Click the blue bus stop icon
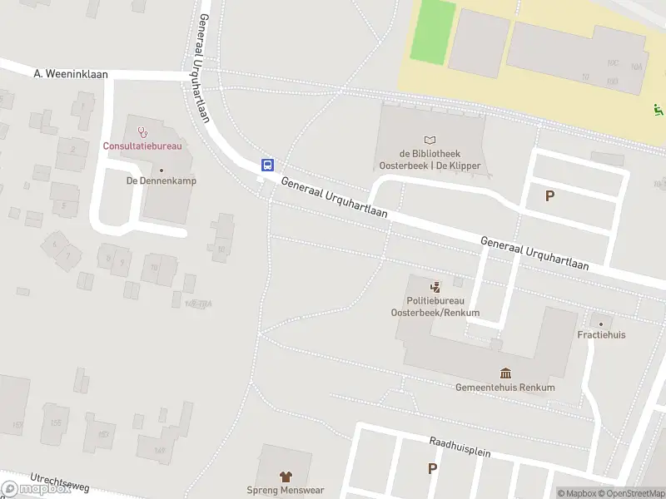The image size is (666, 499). pyautogui.click(x=267, y=165)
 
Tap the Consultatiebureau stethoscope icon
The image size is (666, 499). pyautogui.click(x=142, y=131)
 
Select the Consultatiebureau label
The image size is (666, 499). pyautogui.click(x=142, y=146)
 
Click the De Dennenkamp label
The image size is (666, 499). pyautogui.click(x=162, y=180)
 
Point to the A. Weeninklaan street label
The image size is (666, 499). pyautogui.click(x=72, y=74)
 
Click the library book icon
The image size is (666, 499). pyautogui.click(x=430, y=140)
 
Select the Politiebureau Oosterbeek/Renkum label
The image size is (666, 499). pyautogui.click(x=435, y=307)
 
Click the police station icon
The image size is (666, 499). pyautogui.click(x=435, y=287)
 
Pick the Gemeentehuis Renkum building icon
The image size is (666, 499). pyautogui.click(x=505, y=373)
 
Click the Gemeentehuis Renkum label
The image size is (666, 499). pyautogui.click(x=505, y=388)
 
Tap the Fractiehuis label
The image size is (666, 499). pyautogui.click(x=601, y=335)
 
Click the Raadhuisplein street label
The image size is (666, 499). pyautogui.click(x=460, y=449)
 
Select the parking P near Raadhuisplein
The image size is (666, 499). pyautogui.click(x=432, y=468)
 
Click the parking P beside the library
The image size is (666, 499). pyautogui.click(x=549, y=196)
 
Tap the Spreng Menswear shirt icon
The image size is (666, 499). pyautogui.click(x=286, y=477)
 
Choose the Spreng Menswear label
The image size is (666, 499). pyautogui.click(x=286, y=491)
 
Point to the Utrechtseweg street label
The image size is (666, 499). pyautogui.click(x=59, y=482)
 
